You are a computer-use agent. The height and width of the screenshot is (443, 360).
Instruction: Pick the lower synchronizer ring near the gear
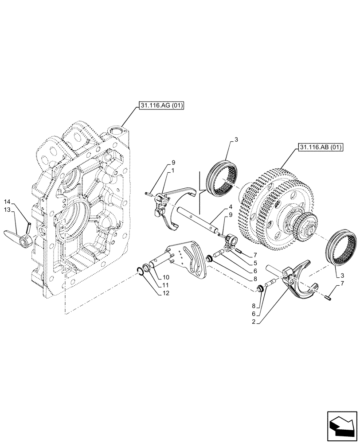coord(343,248)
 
